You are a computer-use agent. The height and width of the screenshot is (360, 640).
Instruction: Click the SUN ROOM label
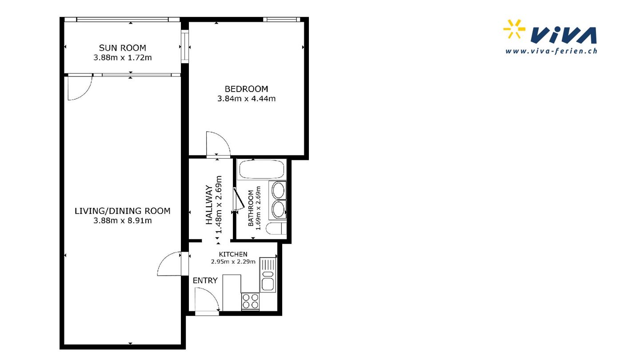[122, 48]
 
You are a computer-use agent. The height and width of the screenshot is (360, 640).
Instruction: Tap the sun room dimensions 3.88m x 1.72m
[122, 58]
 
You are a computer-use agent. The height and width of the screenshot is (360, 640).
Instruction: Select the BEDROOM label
[246, 89]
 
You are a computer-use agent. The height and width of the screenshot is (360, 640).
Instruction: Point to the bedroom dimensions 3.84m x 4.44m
[246, 99]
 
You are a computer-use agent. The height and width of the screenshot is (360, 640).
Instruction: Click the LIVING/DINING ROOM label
[122, 211]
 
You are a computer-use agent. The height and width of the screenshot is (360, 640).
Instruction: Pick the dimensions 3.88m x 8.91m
[122, 220]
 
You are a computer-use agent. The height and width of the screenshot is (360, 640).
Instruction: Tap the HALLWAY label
[209, 205]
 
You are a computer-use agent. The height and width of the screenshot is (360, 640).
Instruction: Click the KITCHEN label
[233, 254]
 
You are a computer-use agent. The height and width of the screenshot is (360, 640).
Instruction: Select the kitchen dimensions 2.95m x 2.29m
[233, 261]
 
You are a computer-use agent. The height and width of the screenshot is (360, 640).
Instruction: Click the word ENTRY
[205, 280]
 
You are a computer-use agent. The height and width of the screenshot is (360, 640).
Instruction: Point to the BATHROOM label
[251, 208]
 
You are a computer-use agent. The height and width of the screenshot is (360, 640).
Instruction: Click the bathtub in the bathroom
[262, 170]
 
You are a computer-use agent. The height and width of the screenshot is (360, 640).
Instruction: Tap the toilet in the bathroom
[276, 228]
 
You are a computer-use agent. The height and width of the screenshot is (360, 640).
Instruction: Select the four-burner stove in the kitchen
[250, 301]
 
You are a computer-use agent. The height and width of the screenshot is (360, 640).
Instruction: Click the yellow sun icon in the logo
[514, 29]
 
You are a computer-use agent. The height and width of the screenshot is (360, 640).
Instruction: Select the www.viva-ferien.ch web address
[551, 51]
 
